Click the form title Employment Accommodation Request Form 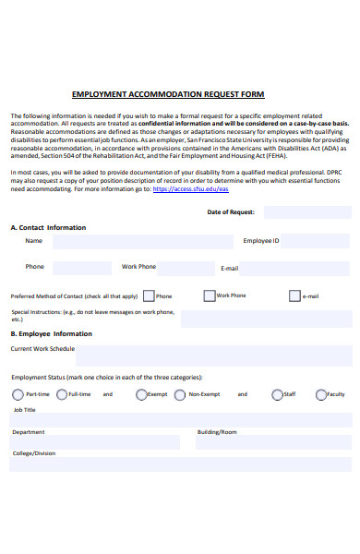point(167,94)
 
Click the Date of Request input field point(307,212)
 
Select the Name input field point(143,242)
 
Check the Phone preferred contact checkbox point(150,296)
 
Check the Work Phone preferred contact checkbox point(210,296)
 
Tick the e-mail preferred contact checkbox point(294,296)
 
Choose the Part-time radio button point(18,394)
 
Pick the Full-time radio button point(61,394)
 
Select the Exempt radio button point(141,394)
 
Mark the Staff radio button point(277,394)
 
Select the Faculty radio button point(320,394)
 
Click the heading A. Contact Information point(48,227)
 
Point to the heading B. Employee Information point(51,334)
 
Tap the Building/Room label point(217,432)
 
